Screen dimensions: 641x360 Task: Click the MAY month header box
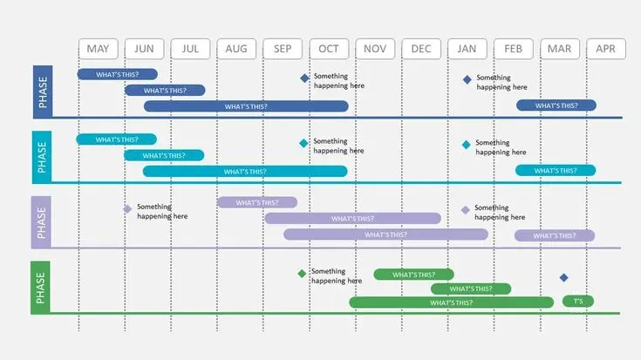point(98,49)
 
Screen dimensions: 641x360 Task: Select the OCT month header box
point(329,49)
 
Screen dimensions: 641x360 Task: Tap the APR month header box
point(606,49)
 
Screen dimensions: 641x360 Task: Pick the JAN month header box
point(467,49)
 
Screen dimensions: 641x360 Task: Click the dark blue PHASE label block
point(43,92)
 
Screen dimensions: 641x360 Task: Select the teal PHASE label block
point(42,157)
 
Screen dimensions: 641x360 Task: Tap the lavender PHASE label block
point(41,222)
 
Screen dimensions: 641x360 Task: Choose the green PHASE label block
point(40,288)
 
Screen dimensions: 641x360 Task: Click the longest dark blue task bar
point(246,106)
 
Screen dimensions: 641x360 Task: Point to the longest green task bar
point(452,302)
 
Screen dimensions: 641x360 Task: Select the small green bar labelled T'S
point(578,301)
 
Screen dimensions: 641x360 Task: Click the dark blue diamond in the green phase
point(563,278)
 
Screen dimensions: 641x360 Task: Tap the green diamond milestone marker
point(302,274)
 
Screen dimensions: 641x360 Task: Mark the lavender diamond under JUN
point(127,209)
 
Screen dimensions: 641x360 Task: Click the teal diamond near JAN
point(466,145)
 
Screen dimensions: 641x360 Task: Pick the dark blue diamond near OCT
point(304,78)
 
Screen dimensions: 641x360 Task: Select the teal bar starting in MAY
point(117,139)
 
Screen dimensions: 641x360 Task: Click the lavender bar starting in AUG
point(257,202)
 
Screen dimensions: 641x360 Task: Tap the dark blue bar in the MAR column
point(556,105)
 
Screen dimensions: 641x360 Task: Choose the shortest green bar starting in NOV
point(413,275)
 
